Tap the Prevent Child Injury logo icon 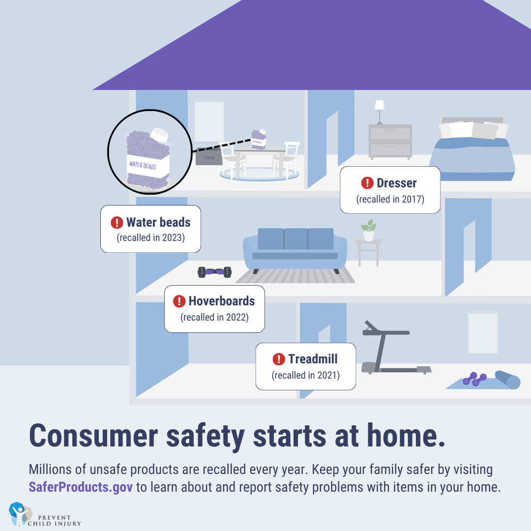point(19,513)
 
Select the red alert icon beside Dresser point(367,183)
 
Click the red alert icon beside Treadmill point(278,359)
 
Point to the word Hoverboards point(221,301)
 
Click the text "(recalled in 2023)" point(151,237)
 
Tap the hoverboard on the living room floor point(215,272)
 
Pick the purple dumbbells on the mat point(474,379)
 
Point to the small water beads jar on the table point(259,139)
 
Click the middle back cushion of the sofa point(295,239)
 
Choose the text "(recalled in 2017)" point(390,199)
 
